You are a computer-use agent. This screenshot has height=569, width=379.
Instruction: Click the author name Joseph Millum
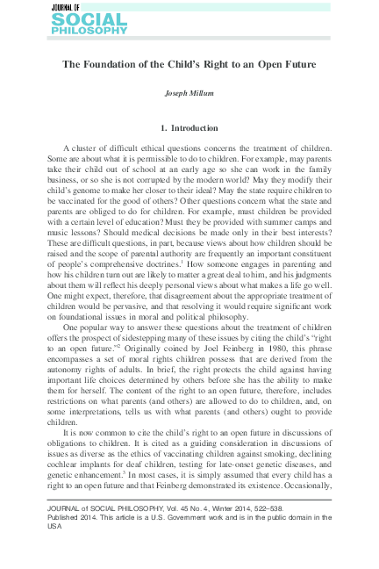[189, 93]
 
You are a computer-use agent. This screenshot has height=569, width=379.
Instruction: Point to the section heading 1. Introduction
[189, 128]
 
